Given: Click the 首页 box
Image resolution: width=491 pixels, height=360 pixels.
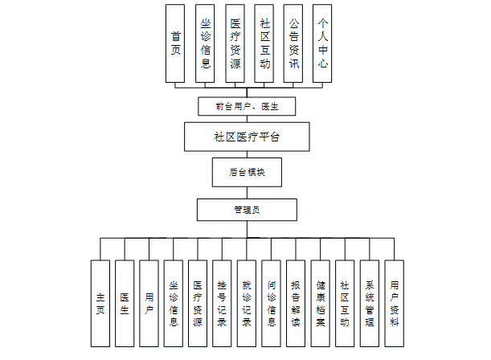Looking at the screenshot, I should point(176,43).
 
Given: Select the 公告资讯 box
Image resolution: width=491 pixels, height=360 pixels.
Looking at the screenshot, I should point(293,43).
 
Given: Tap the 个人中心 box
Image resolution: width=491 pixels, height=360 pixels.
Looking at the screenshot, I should point(322,43).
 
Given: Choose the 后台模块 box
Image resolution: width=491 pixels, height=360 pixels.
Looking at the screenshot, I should point(246,172).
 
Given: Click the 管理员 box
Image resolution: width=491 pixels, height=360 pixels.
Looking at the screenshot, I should point(246,210).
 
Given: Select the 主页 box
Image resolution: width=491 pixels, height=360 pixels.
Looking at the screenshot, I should point(100,304).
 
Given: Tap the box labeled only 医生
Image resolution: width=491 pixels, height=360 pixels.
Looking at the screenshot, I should point(125,304).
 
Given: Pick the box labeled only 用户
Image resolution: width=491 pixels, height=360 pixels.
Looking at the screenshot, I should point(149,304).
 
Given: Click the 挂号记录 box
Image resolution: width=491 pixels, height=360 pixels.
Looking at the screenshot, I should point(223,304).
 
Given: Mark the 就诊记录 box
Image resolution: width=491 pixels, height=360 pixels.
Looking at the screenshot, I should point(247,304).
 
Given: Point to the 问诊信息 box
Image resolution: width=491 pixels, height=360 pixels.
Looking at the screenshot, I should point(272,304).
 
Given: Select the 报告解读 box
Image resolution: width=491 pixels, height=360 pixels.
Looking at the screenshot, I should point(296,304).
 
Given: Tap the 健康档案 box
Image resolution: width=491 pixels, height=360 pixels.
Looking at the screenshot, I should point(320,304).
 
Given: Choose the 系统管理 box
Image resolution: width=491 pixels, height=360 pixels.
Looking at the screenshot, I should point(370,304).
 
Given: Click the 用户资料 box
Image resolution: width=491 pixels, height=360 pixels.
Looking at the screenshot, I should point(394,304).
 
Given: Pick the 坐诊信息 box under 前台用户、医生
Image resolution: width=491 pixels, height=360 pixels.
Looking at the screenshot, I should point(206,43).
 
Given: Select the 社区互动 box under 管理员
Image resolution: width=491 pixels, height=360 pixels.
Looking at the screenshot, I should point(345,304).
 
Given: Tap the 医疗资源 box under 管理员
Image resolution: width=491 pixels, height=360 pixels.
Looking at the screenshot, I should point(198,304).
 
